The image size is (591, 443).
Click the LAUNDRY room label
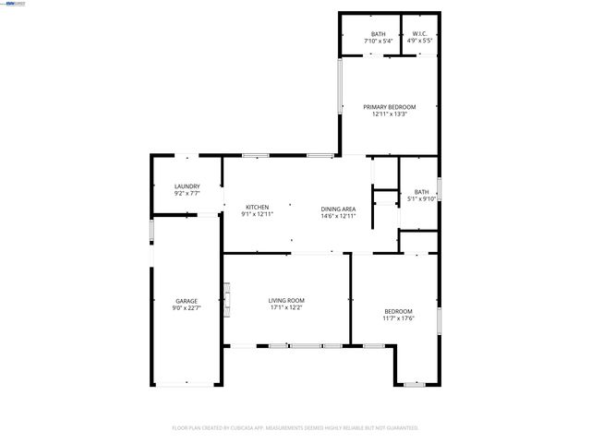pos(187,186)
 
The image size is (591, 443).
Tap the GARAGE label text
pos(187,301)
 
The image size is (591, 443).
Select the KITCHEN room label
pos(257,206)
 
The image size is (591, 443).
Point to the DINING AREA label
pos(338,210)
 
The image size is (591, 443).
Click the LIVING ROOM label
pos(286,301)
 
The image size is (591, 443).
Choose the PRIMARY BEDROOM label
pos(389,107)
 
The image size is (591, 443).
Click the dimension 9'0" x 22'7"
pos(187,308)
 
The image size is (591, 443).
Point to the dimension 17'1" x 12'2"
pos(286,308)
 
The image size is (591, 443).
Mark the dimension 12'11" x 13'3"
pos(389,114)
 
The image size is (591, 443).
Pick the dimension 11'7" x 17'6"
pos(398,318)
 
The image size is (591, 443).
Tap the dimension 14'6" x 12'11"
pos(338,216)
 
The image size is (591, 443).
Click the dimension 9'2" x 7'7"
pos(187,194)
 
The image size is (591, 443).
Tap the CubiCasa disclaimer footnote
pos(295,428)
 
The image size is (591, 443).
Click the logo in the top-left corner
pos(13,4)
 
